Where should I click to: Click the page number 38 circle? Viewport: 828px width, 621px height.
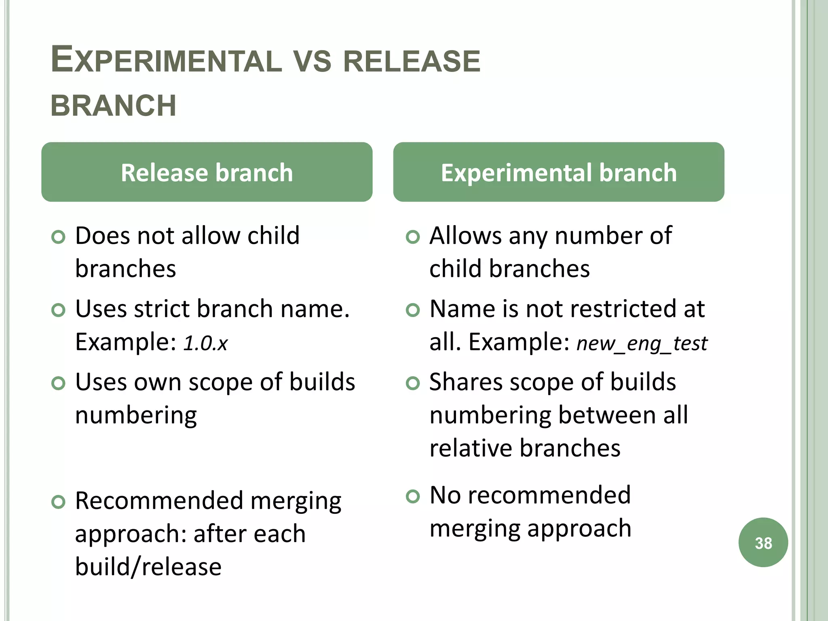coord(763,543)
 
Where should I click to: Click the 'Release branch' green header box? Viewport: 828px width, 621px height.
coord(207,172)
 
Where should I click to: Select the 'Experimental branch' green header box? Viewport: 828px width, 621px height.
coord(558,172)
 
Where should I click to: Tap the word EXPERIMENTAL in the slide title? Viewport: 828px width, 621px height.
coord(166,61)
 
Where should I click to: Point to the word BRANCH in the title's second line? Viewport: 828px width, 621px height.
coord(114,106)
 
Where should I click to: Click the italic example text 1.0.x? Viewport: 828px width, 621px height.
coord(205,343)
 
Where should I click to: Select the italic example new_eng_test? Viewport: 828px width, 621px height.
coord(642,343)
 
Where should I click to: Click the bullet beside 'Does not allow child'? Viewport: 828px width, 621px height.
coord(59,237)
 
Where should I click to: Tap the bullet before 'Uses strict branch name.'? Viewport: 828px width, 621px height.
coord(59,310)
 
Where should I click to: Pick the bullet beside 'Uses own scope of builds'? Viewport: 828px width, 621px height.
coord(59,383)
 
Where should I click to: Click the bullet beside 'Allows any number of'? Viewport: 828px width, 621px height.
coord(413,237)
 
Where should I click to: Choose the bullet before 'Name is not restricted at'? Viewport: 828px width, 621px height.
coord(413,310)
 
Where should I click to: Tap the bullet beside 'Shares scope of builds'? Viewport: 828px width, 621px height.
coord(413,383)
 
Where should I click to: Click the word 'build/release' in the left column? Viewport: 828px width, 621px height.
coord(148,567)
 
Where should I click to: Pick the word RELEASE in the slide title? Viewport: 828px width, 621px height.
coord(412,61)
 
